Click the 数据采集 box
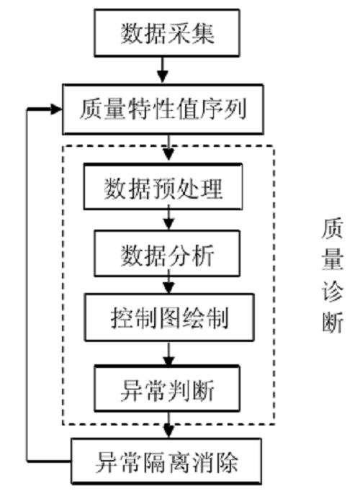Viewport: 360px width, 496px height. point(167,33)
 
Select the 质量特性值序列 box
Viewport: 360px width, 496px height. point(163,109)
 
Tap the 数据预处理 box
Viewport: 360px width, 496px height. point(163,186)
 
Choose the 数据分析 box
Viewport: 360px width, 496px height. point(167,253)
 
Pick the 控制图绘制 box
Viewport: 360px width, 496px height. point(169,317)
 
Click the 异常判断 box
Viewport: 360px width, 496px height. point(167,389)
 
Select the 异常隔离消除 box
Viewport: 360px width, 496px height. point(166,461)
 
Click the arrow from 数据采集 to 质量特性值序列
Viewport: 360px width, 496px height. point(163,71)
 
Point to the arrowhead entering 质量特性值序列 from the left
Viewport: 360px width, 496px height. point(56,109)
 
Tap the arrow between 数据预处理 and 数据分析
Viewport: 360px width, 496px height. point(168,217)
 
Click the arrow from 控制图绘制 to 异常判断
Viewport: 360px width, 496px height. point(168,353)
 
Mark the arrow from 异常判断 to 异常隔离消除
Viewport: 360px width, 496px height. point(168,425)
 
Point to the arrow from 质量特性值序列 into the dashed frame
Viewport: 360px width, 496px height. point(168,148)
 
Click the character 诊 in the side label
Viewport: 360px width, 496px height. point(333,292)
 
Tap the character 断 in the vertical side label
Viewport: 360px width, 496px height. point(333,323)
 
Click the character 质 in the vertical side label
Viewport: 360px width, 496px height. point(333,227)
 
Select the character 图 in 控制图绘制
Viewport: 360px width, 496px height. point(169,317)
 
